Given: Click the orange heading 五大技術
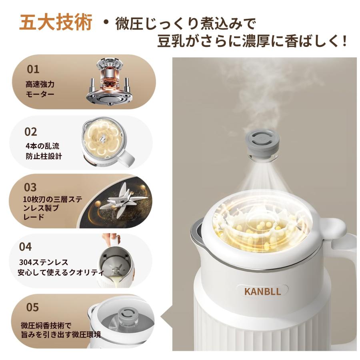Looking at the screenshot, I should point(56,23).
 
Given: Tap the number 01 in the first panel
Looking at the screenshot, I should point(33,69).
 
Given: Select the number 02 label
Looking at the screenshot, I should point(31,132).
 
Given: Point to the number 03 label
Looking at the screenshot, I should point(30,187).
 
